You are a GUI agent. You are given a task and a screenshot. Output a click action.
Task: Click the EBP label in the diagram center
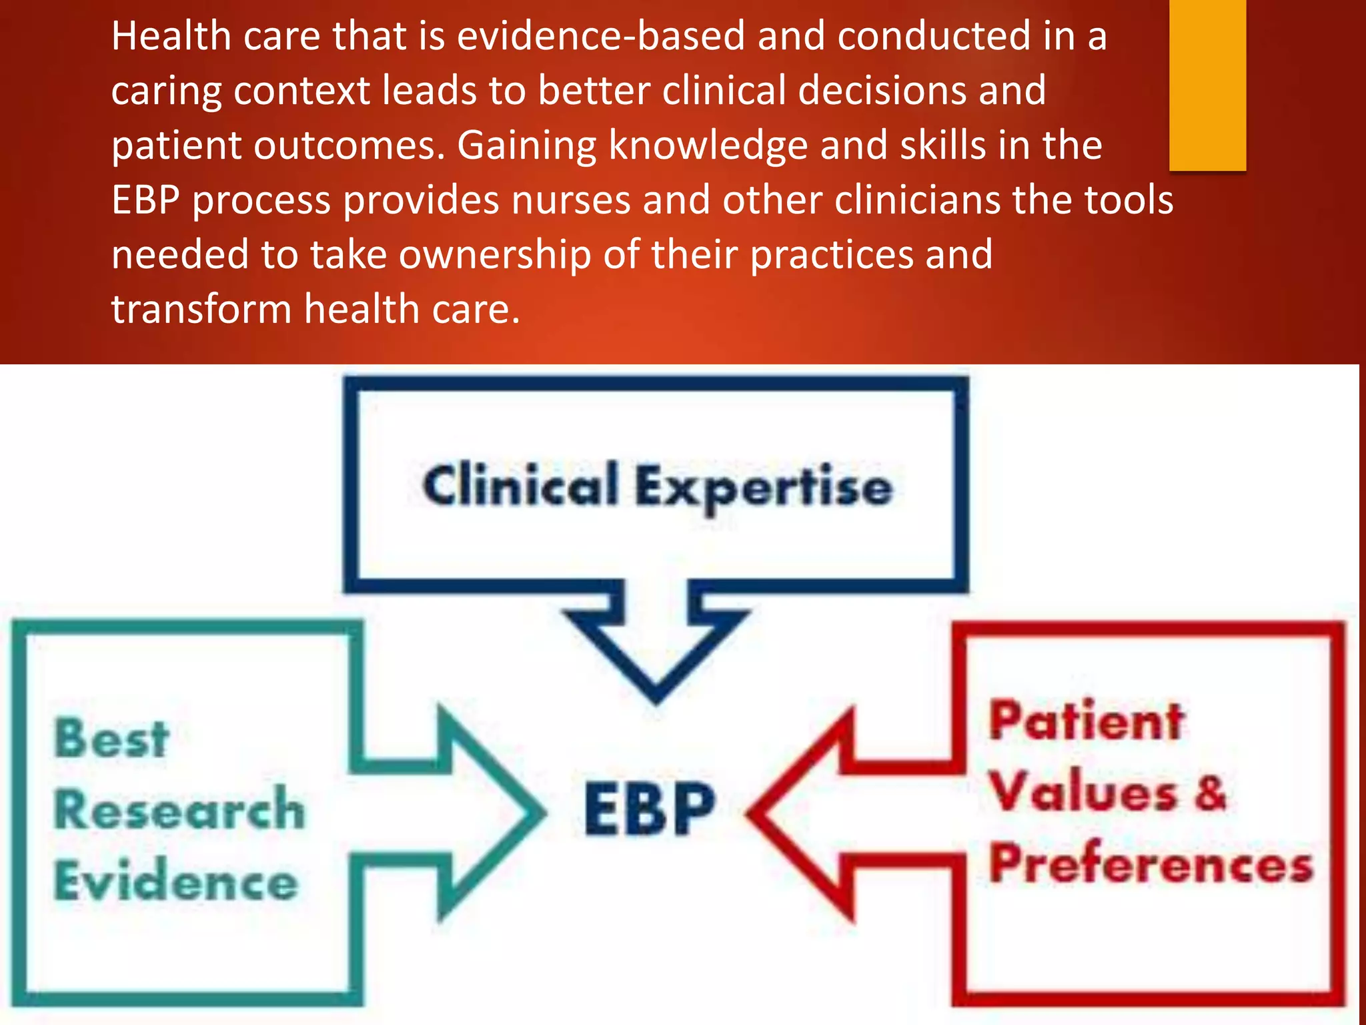point(649,809)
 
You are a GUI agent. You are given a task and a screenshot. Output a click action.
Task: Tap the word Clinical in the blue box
point(520,485)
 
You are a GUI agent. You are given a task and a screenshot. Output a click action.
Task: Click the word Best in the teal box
point(111,739)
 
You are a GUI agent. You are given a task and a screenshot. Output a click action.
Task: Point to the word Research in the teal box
point(179,809)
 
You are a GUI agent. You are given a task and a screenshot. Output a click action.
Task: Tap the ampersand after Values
point(1209,793)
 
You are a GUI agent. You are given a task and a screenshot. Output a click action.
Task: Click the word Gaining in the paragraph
point(526,145)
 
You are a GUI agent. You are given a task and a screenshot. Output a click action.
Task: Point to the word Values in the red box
point(1083,793)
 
